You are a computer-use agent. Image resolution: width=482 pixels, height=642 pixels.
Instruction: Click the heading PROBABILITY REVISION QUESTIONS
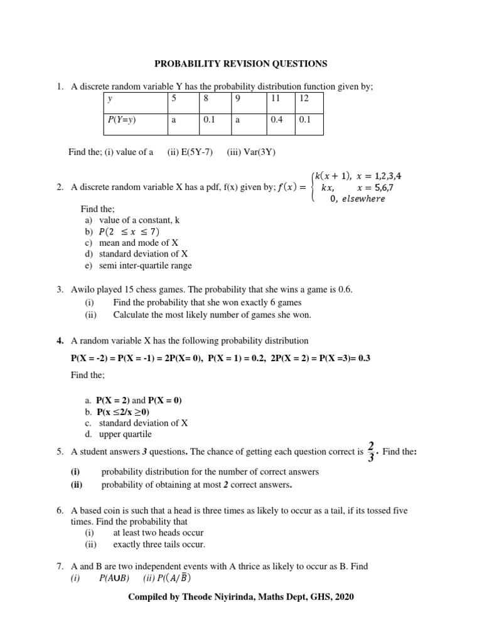point(241,64)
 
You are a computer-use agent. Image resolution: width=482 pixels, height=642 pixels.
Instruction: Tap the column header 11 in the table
point(276,98)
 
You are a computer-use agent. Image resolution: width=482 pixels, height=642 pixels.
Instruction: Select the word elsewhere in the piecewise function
point(363,199)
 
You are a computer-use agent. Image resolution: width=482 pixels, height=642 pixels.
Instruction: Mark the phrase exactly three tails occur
point(159,544)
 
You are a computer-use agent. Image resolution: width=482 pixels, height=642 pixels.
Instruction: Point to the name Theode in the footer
point(195,597)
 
